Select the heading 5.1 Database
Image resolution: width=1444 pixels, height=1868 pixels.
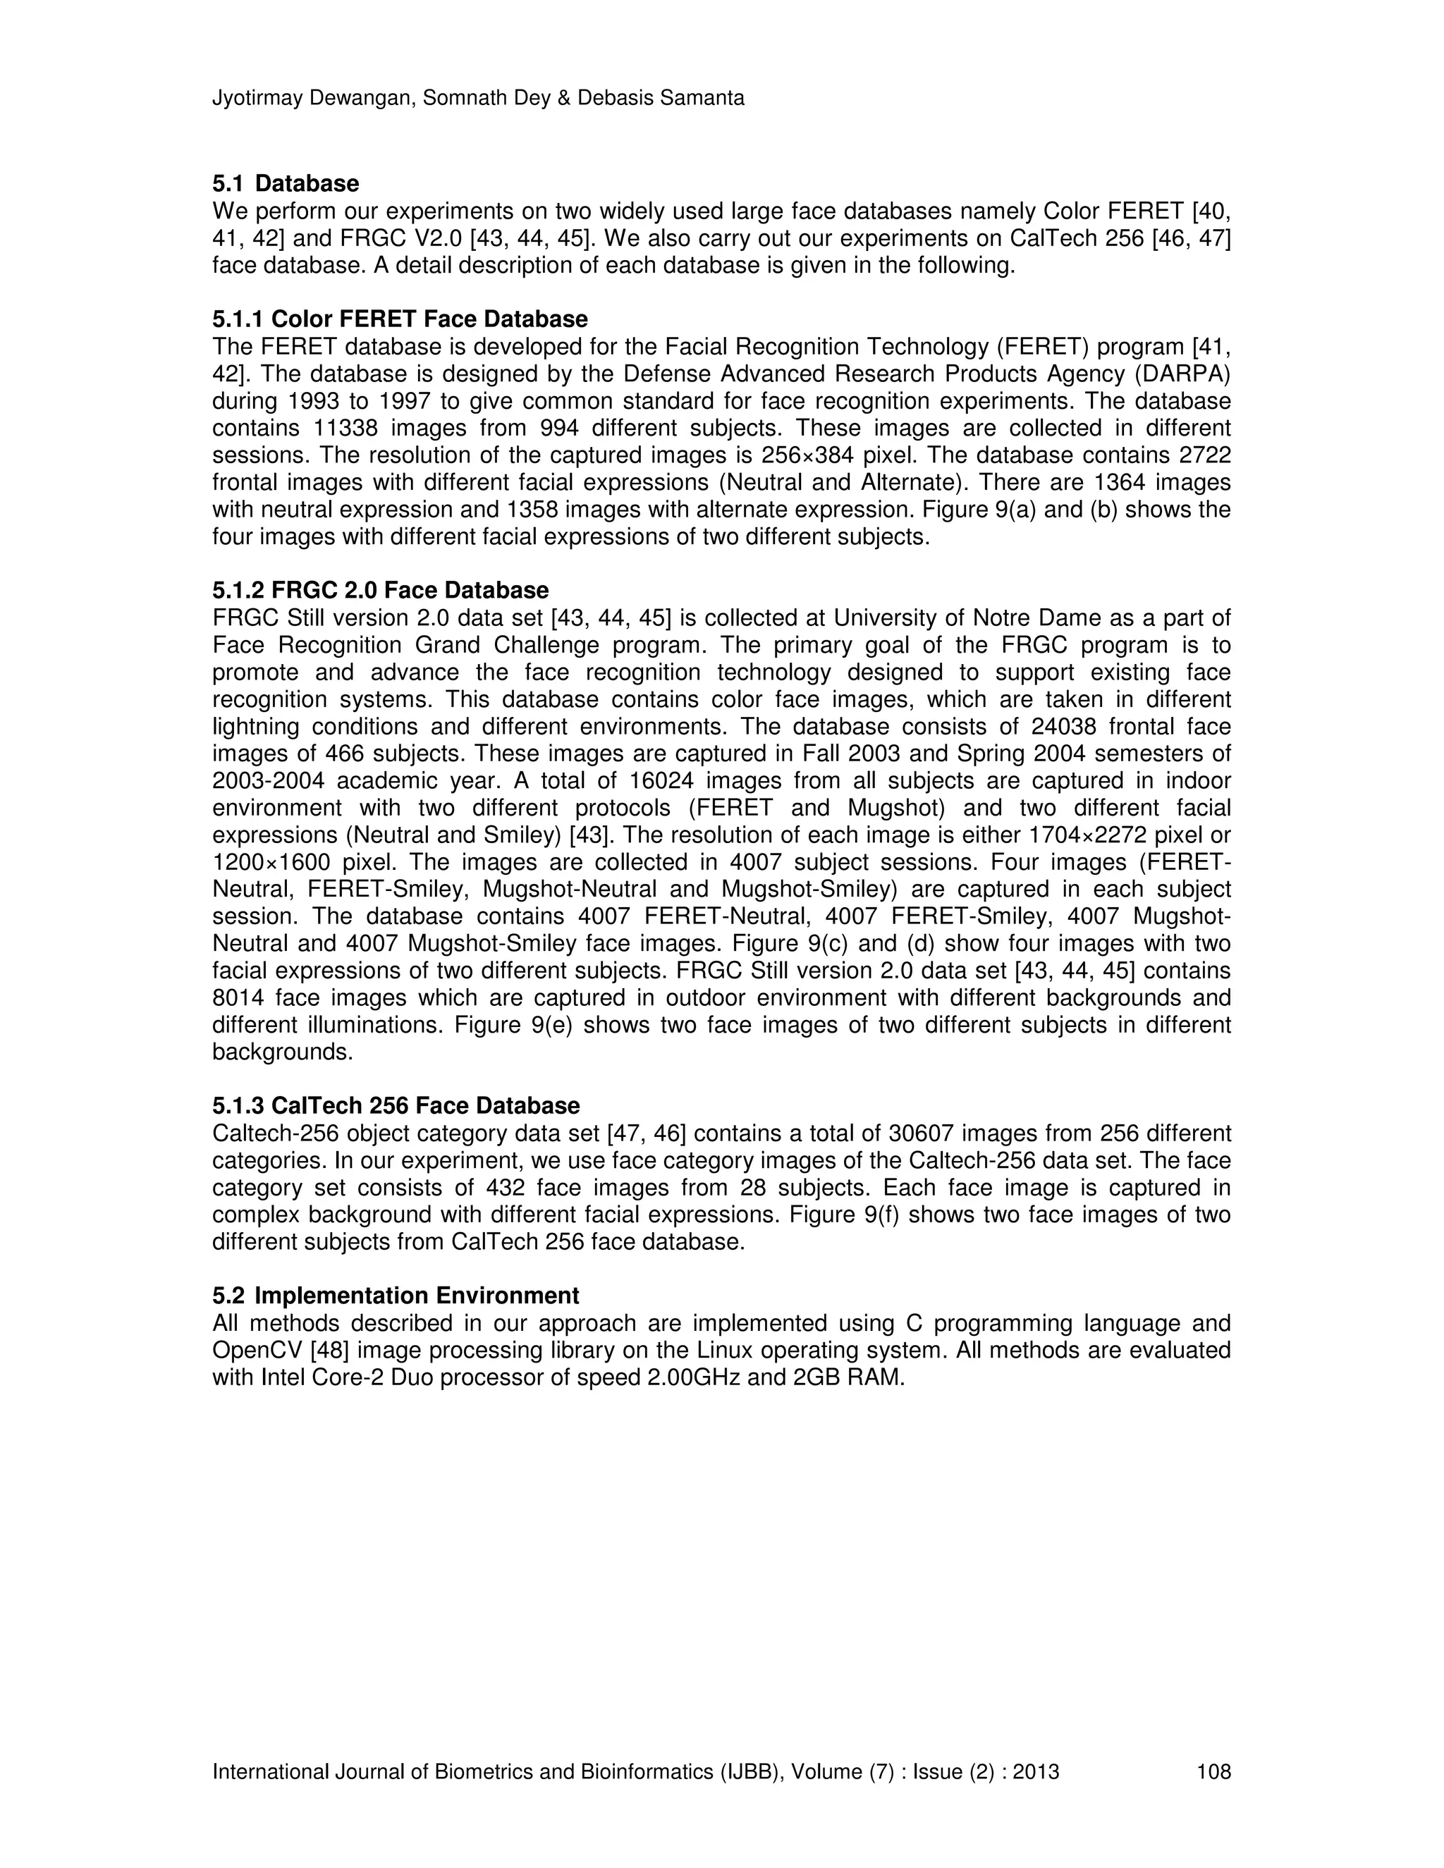pyautogui.click(x=286, y=183)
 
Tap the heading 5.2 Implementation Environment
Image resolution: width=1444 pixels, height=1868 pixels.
pyautogui.click(x=396, y=1295)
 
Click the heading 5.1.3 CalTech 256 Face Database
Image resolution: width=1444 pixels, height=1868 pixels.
pyautogui.click(x=396, y=1106)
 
